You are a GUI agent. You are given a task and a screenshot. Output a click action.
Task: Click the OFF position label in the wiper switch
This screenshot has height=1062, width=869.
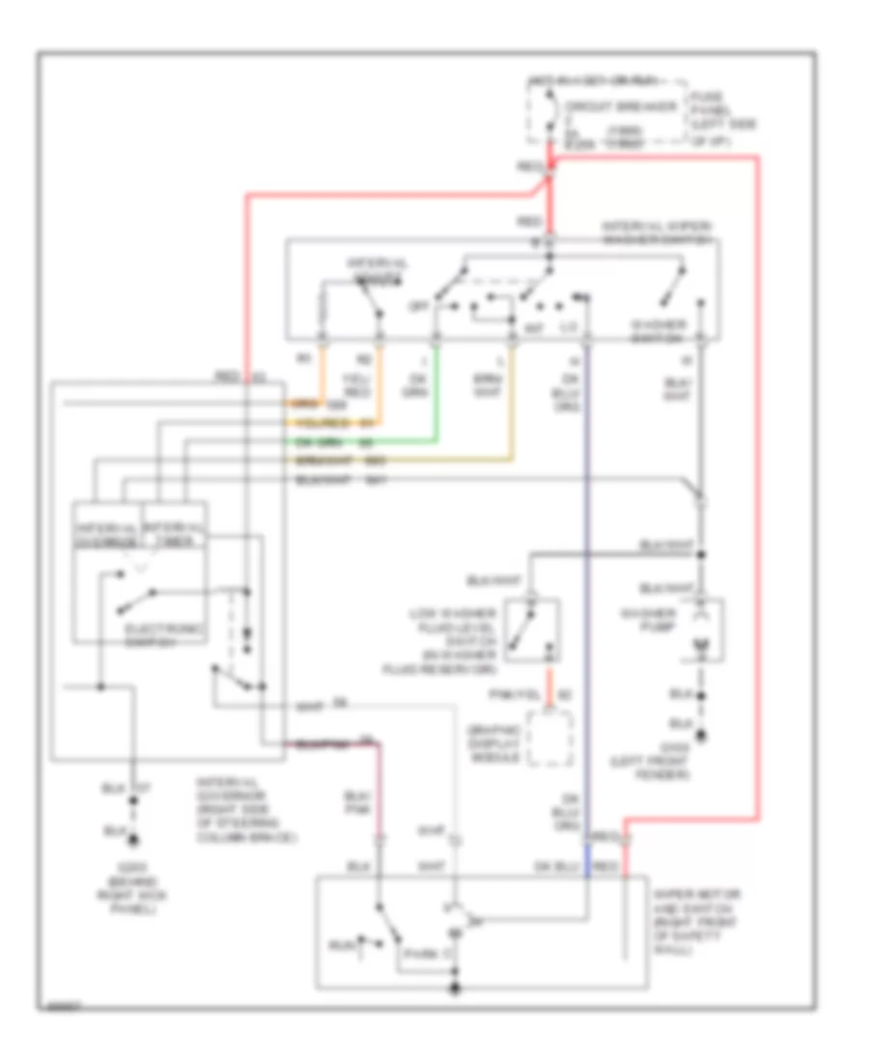point(418,305)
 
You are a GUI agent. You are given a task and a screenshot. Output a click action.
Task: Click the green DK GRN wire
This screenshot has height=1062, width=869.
point(435,396)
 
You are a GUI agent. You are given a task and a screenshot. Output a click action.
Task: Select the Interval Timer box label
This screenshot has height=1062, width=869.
point(174,534)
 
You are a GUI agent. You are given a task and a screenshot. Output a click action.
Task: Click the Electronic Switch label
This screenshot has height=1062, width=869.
point(165,635)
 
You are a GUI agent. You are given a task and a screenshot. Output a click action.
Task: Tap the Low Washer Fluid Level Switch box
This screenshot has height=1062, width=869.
point(531,629)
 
